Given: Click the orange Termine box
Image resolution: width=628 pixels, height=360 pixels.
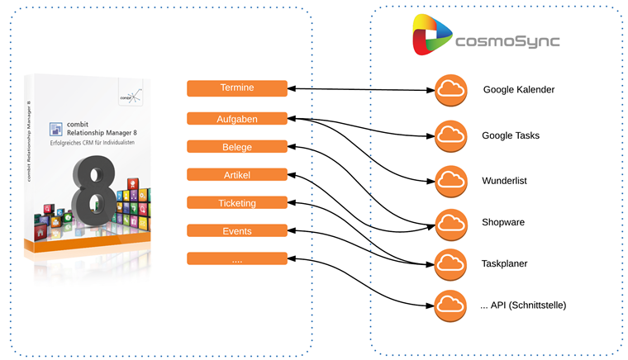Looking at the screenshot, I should (x=237, y=88).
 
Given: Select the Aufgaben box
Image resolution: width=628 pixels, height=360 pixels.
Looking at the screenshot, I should (x=237, y=119).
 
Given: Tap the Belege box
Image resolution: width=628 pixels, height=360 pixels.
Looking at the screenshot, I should (x=237, y=147).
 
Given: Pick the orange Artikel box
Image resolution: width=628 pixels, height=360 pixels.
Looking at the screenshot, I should (x=237, y=175).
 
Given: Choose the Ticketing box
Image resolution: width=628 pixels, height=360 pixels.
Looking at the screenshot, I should (x=237, y=203).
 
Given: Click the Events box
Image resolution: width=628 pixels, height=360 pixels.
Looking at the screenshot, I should (x=237, y=231).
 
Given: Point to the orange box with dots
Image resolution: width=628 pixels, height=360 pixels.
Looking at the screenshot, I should (x=237, y=259).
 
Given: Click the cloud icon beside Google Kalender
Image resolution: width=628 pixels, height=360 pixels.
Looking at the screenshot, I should (x=450, y=89).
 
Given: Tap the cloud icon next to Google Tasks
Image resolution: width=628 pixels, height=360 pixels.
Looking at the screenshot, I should (x=450, y=134).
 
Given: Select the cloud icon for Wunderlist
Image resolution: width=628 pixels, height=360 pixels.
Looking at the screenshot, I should (x=450, y=178).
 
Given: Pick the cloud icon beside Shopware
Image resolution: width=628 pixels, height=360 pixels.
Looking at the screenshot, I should (x=450, y=222).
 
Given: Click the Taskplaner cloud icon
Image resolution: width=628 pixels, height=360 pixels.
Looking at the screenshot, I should (x=450, y=263).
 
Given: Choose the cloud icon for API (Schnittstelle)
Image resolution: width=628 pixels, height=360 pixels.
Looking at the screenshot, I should (x=450, y=305).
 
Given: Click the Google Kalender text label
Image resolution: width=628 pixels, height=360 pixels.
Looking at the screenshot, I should (x=518, y=90).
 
